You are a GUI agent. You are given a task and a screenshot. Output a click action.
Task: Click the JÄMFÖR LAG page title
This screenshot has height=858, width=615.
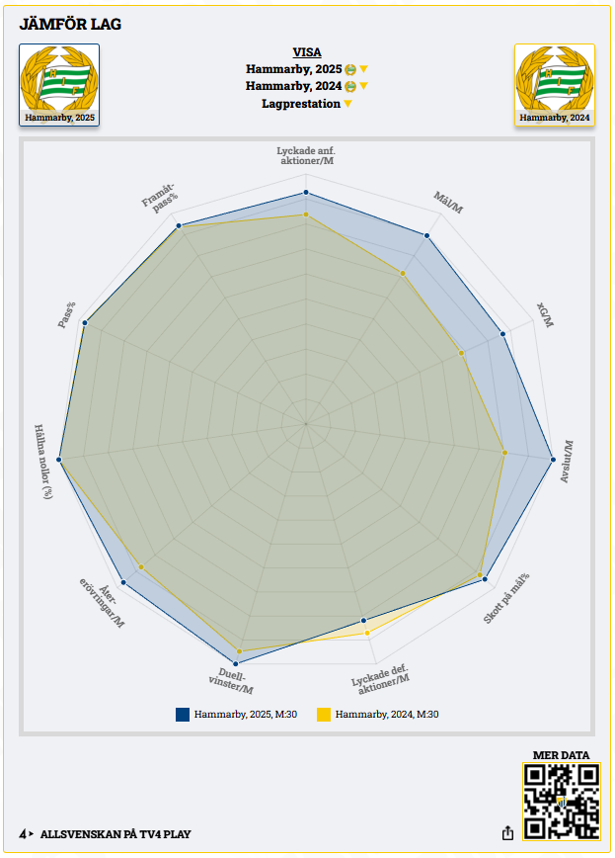[70, 24]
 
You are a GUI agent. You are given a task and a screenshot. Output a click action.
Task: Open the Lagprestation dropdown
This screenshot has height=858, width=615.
[306, 104]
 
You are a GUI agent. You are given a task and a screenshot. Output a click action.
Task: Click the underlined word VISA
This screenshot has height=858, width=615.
[306, 52]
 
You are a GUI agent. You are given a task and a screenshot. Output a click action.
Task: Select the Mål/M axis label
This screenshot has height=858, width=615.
[449, 203]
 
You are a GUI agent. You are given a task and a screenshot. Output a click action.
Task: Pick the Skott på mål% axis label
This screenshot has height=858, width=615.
[505, 599]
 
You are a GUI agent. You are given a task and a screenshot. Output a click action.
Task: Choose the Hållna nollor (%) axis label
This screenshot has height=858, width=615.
[42, 462]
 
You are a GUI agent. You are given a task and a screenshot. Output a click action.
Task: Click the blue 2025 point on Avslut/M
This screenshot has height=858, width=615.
[552, 458]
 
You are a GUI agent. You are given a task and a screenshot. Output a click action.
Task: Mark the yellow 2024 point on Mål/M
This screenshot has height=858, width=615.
[403, 273]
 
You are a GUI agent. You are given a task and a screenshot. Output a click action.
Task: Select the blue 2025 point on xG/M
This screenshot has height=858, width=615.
[503, 334]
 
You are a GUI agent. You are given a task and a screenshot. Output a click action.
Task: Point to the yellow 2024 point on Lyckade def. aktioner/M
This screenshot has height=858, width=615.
[367, 633]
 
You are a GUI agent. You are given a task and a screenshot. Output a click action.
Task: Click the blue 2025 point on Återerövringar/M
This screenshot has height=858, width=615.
[123, 582]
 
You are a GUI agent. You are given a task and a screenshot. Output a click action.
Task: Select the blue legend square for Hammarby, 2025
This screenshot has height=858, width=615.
[183, 714]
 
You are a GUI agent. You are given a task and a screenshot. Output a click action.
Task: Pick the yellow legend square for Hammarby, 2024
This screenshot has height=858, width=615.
[324, 714]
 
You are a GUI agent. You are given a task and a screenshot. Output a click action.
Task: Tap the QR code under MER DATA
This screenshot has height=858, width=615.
[561, 802]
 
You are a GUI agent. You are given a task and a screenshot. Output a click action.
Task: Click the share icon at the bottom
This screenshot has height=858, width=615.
[508, 833]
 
